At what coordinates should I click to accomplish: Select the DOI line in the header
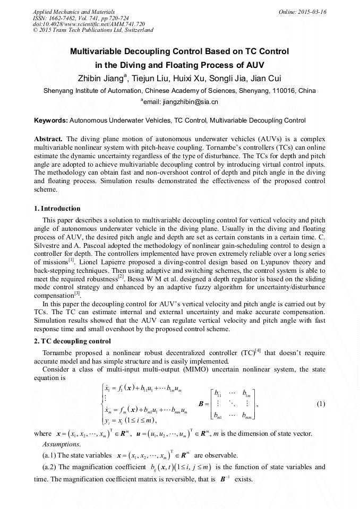tap(89, 24)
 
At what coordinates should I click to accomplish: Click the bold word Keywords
tap(50, 120)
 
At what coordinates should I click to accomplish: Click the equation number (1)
tap(320, 404)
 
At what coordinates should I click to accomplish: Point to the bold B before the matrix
tap(201, 404)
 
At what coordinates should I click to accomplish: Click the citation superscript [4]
tap(258, 350)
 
